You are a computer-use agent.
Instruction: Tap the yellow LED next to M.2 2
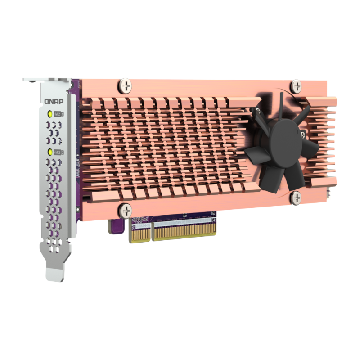pyautogui.click(x=50, y=152)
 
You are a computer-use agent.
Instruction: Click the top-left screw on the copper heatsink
pyautogui.click(x=125, y=84)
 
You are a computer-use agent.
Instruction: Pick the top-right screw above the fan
pyautogui.click(x=296, y=85)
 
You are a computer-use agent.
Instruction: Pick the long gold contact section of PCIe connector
pyautogui.click(x=184, y=229)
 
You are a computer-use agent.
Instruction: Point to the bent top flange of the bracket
pyautogui.click(x=47, y=80)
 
